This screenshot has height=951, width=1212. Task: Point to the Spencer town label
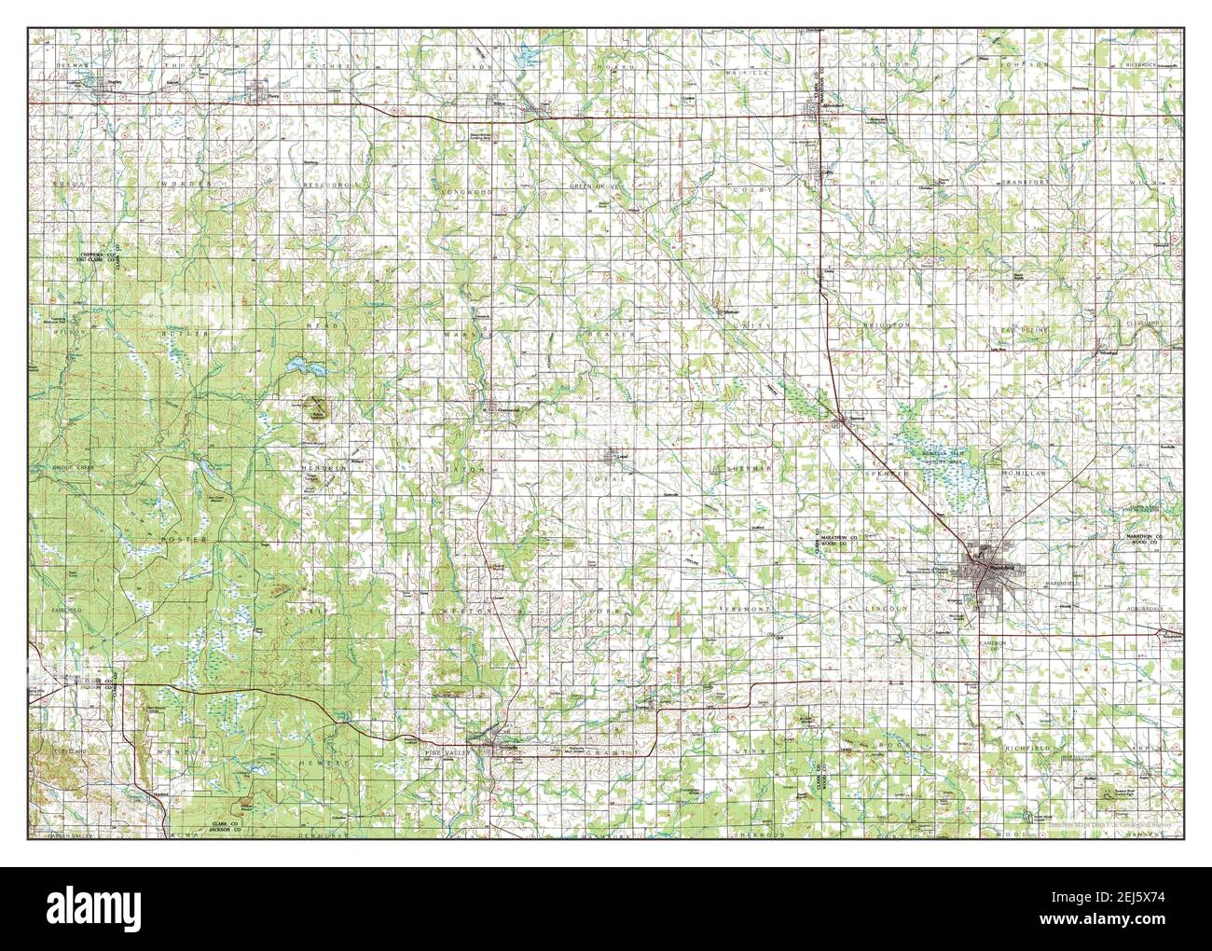[x=856, y=420]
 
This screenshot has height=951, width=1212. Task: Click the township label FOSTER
[x=197, y=540]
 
